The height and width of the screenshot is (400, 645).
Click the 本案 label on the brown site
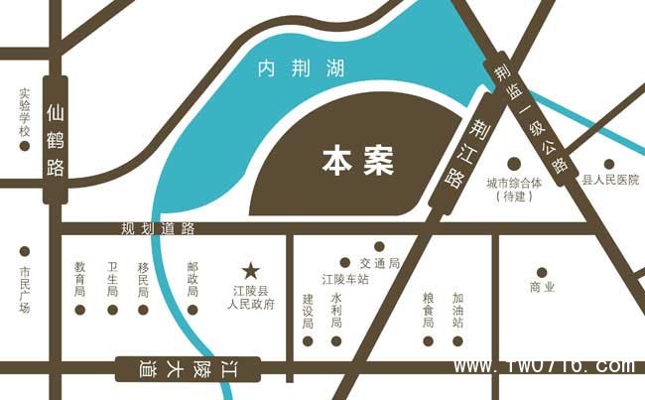(x=358, y=162)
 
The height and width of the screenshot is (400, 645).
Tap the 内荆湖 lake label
(x=301, y=69)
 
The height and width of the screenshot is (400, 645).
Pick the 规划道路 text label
(x=159, y=229)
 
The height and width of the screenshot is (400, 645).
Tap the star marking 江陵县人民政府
(x=251, y=270)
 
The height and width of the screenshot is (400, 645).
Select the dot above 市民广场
(x=25, y=251)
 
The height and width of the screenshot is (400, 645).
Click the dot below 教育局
(x=80, y=310)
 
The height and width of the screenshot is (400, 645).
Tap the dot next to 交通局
(x=379, y=246)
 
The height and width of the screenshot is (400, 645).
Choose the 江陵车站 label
(x=345, y=280)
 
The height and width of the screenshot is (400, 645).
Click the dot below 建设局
(x=309, y=340)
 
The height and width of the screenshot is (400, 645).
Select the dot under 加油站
(x=457, y=340)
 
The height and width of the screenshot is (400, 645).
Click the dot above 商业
(x=542, y=272)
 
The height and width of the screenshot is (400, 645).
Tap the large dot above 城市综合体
(x=514, y=163)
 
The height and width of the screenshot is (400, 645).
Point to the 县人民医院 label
(x=610, y=181)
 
